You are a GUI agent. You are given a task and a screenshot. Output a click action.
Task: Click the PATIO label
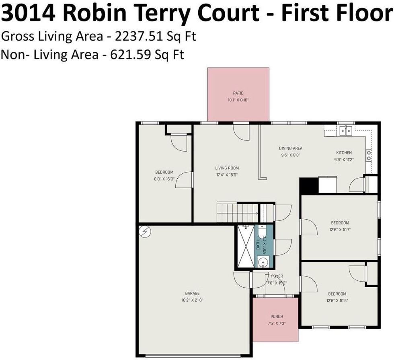(x=238, y=93)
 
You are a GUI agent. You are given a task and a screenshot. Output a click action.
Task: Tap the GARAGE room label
(x=192, y=293)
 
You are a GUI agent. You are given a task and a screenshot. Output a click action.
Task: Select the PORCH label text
(x=277, y=317)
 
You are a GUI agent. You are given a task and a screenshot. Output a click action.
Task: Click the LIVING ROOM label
(x=227, y=168)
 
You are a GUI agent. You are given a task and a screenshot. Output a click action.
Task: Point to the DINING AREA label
(x=291, y=148)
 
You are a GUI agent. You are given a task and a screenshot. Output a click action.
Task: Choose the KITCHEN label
(x=344, y=153)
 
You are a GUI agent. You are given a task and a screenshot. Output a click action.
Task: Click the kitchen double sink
(x=345, y=130)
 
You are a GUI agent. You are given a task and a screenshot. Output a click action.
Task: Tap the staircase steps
(x=237, y=212)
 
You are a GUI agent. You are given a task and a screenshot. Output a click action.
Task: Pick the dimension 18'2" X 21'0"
(x=192, y=300)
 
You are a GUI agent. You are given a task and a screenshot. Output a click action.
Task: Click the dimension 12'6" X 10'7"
(x=340, y=230)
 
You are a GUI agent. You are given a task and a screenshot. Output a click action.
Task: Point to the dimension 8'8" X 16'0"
(x=164, y=179)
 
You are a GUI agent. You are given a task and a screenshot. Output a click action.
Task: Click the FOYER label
(x=277, y=276)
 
